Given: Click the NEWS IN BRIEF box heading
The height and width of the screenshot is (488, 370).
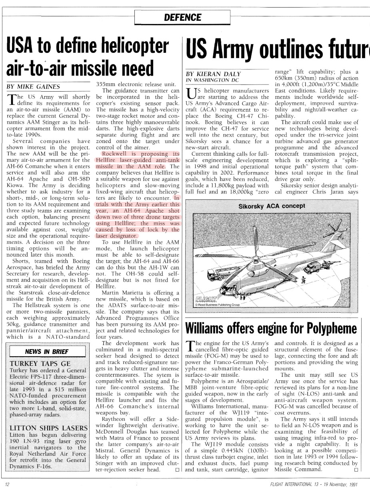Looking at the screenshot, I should point(47,352).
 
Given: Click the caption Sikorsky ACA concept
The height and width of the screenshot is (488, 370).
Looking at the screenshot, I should point(272,206).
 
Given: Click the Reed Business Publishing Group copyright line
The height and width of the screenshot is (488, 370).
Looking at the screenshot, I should point(217,305).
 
